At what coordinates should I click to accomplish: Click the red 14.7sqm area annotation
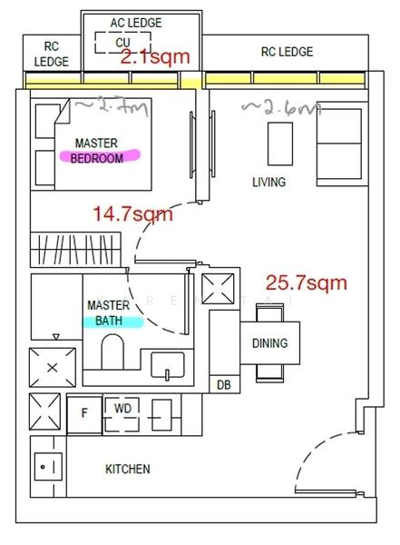point(132,214)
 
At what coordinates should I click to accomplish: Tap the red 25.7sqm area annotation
point(306,283)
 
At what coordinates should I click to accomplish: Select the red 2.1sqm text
point(155,58)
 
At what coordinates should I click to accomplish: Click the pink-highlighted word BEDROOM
point(97,157)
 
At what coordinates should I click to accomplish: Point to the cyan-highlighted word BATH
point(112,321)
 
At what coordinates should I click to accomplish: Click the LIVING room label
point(268,183)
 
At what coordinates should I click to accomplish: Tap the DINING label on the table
point(269,343)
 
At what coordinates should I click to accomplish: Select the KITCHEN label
point(128,470)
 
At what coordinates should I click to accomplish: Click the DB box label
point(223,385)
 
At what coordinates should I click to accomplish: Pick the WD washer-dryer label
point(122,410)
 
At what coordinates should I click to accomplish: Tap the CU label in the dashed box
point(122,43)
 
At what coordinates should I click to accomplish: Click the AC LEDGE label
point(129,22)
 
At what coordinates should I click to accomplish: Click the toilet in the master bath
point(113,353)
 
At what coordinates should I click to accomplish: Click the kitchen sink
point(48,467)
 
